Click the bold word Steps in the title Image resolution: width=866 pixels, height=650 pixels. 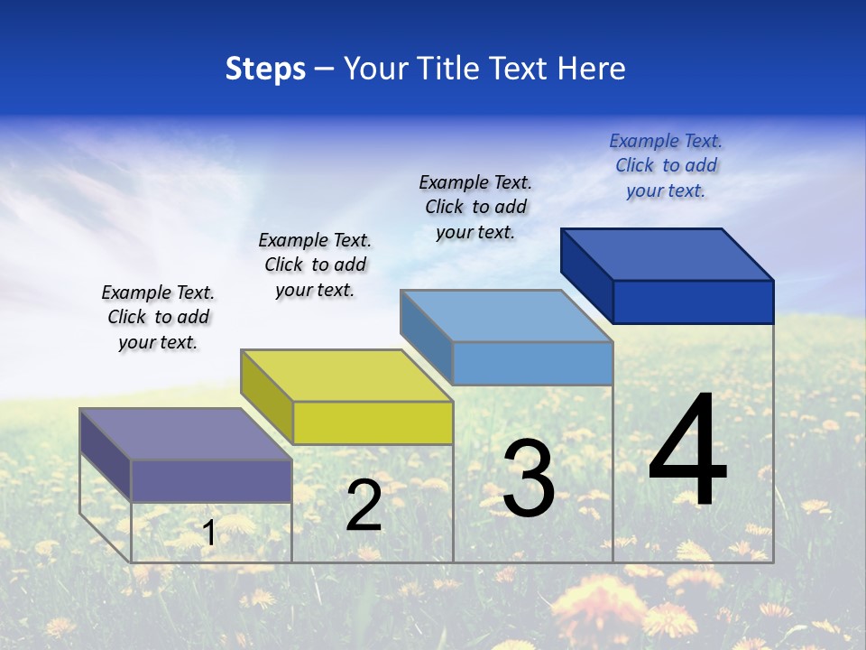pyautogui.click(x=265, y=69)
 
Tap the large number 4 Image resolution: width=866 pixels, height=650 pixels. pyautogui.click(x=687, y=451)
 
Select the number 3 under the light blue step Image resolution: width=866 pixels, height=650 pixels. pyautogui.click(x=529, y=478)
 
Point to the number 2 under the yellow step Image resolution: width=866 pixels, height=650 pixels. pyautogui.click(x=364, y=506)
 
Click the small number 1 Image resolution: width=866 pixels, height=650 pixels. pyautogui.click(x=208, y=534)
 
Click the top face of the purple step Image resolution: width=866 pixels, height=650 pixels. pyautogui.click(x=185, y=434)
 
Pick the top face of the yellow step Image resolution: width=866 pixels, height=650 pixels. pyautogui.click(x=345, y=376)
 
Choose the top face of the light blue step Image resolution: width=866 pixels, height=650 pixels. pyautogui.click(x=506, y=316)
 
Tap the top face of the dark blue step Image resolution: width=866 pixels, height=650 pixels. pyautogui.click(x=667, y=255)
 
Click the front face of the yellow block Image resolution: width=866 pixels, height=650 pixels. pyautogui.click(x=373, y=422)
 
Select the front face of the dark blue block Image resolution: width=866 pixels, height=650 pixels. pyautogui.click(x=693, y=302)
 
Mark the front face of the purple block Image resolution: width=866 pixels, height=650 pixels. pyautogui.click(x=211, y=480)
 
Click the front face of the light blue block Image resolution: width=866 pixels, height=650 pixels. pyautogui.click(x=532, y=363)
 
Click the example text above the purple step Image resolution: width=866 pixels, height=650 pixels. pyautogui.click(x=158, y=318)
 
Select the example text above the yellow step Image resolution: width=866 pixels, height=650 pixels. pyautogui.click(x=315, y=265)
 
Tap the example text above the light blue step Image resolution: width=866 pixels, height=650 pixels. pyautogui.click(x=475, y=207)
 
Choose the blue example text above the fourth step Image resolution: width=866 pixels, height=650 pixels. pyautogui.click(x=666, y=166)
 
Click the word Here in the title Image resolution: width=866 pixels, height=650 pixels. pyautogui.click(x=591, y=69)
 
